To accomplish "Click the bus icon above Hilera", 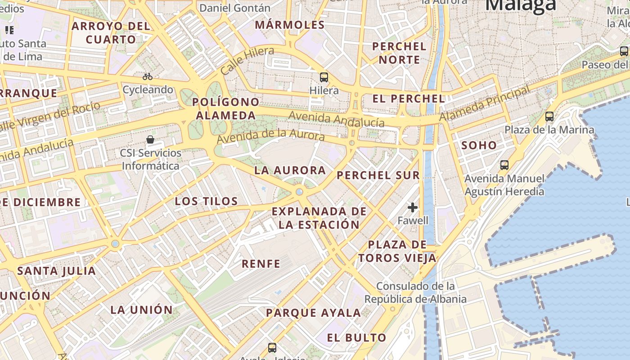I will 324,77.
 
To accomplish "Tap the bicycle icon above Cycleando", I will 148,76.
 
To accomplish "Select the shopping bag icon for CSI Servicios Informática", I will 150,139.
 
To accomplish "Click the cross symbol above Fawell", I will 413,207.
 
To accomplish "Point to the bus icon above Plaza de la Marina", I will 549,117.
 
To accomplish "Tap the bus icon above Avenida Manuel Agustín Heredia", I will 504,165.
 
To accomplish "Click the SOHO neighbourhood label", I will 479,145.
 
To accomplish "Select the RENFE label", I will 261,264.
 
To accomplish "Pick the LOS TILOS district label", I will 206,201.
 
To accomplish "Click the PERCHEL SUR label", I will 378,175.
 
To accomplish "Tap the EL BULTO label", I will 356,337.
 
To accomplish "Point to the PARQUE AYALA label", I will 313,313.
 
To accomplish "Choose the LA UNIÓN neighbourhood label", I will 141,310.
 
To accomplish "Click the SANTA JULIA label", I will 56,271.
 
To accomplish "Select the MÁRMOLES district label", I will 290,25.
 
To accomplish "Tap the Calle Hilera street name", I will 247,61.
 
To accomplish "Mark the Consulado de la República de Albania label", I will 415,292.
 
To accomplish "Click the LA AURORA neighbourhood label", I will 290,170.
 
